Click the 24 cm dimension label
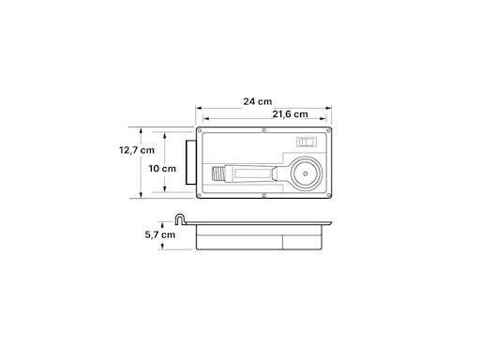tap(258, 101)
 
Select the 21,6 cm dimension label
tap(290, 114)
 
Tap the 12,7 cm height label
tap(137, 150)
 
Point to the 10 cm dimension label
tap(162, 169)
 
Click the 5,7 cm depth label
tap(160, 234)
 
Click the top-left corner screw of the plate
tap(200, 130)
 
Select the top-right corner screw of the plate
tap(328, 130)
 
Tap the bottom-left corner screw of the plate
tap(200, 195)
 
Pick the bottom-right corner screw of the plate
tap(328, 195)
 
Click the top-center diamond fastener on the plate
tap(264, 129)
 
